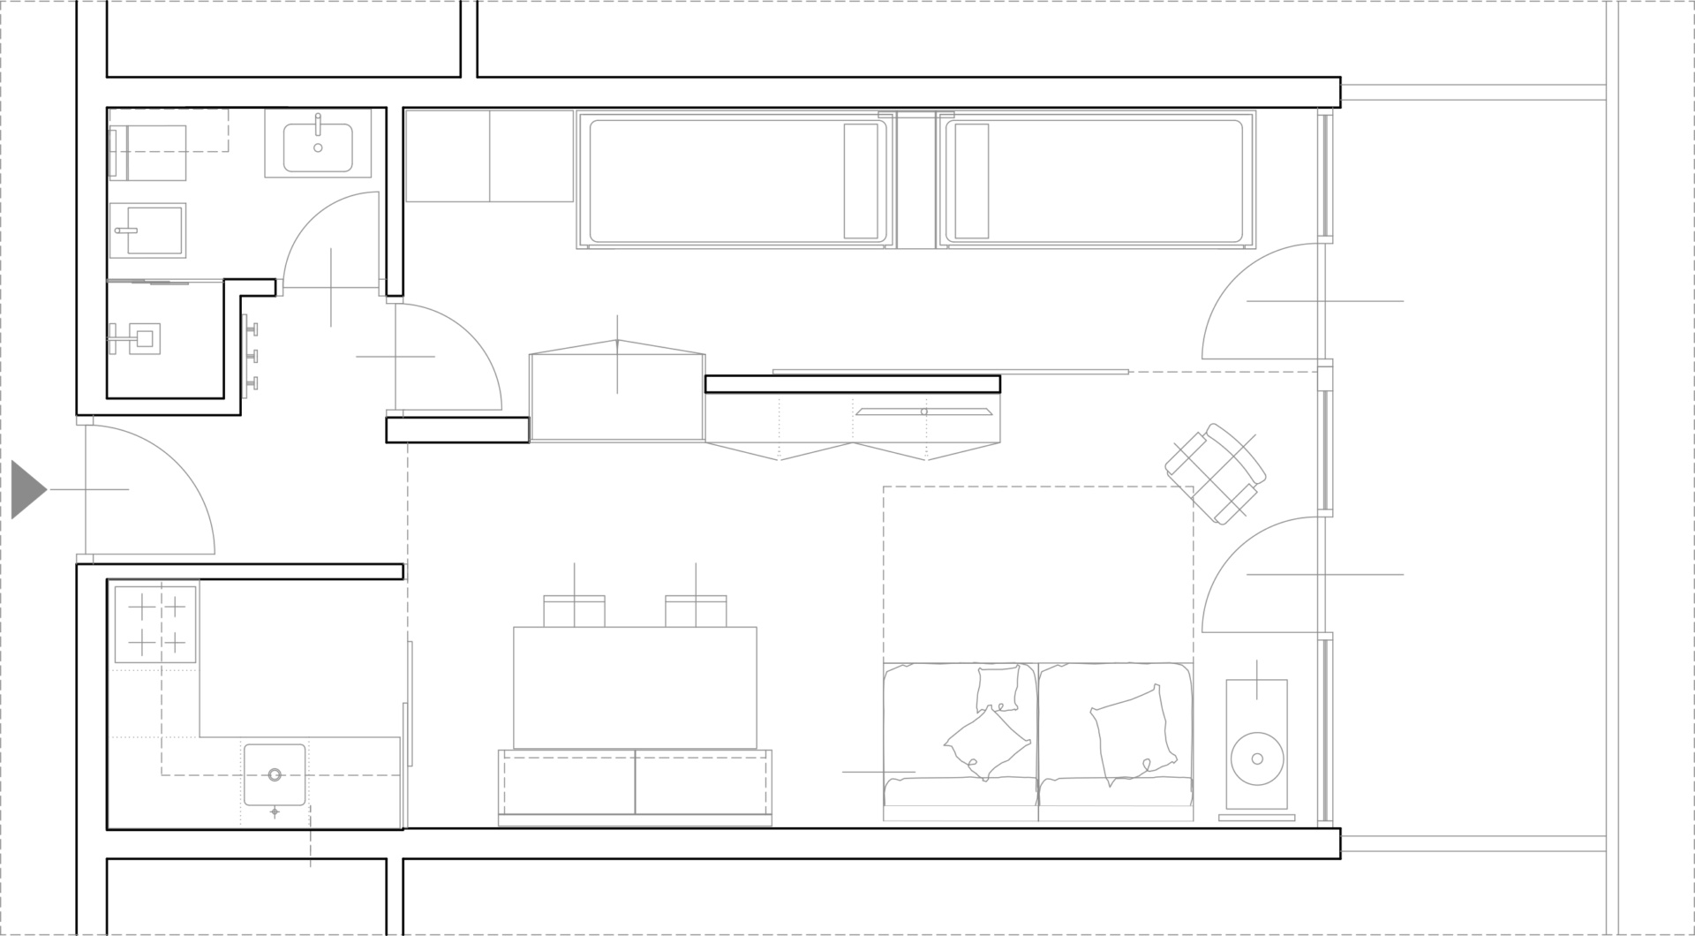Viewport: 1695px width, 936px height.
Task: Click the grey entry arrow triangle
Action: [26, 489]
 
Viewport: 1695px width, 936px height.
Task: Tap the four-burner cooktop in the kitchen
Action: [157, 623]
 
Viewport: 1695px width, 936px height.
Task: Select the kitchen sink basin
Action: [275, 775]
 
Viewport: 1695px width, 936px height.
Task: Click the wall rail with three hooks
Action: [250, 356]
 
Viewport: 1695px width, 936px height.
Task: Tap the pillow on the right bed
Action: [972, 181]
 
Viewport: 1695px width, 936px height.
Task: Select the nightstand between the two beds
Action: [916, 181]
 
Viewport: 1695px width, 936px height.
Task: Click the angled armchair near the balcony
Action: [1216, 473]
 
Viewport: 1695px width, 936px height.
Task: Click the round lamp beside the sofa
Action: [1256, 758]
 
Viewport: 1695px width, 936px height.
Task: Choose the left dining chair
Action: [575, 610]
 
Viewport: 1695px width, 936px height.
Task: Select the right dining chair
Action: [696, 610]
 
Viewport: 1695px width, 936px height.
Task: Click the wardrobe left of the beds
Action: [489, 156]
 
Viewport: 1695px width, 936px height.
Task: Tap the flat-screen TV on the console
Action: [923, 411]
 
